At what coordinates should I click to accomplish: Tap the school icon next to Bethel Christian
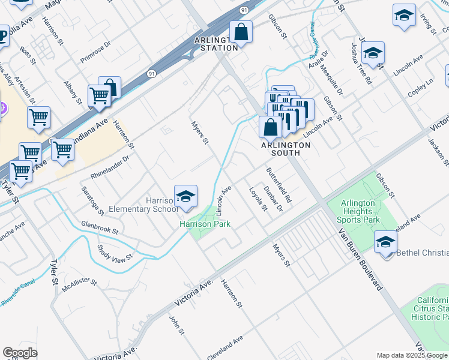[385, 242]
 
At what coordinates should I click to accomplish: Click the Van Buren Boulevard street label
[360, 259]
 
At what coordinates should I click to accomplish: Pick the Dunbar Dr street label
[273, 199]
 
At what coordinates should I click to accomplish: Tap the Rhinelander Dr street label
[110, 169]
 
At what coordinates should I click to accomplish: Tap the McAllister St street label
[79, 284]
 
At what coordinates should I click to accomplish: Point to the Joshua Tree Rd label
[362, 63]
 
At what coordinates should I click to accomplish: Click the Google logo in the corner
[20, 353]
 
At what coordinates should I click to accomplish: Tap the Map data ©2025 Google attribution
[412, 355]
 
